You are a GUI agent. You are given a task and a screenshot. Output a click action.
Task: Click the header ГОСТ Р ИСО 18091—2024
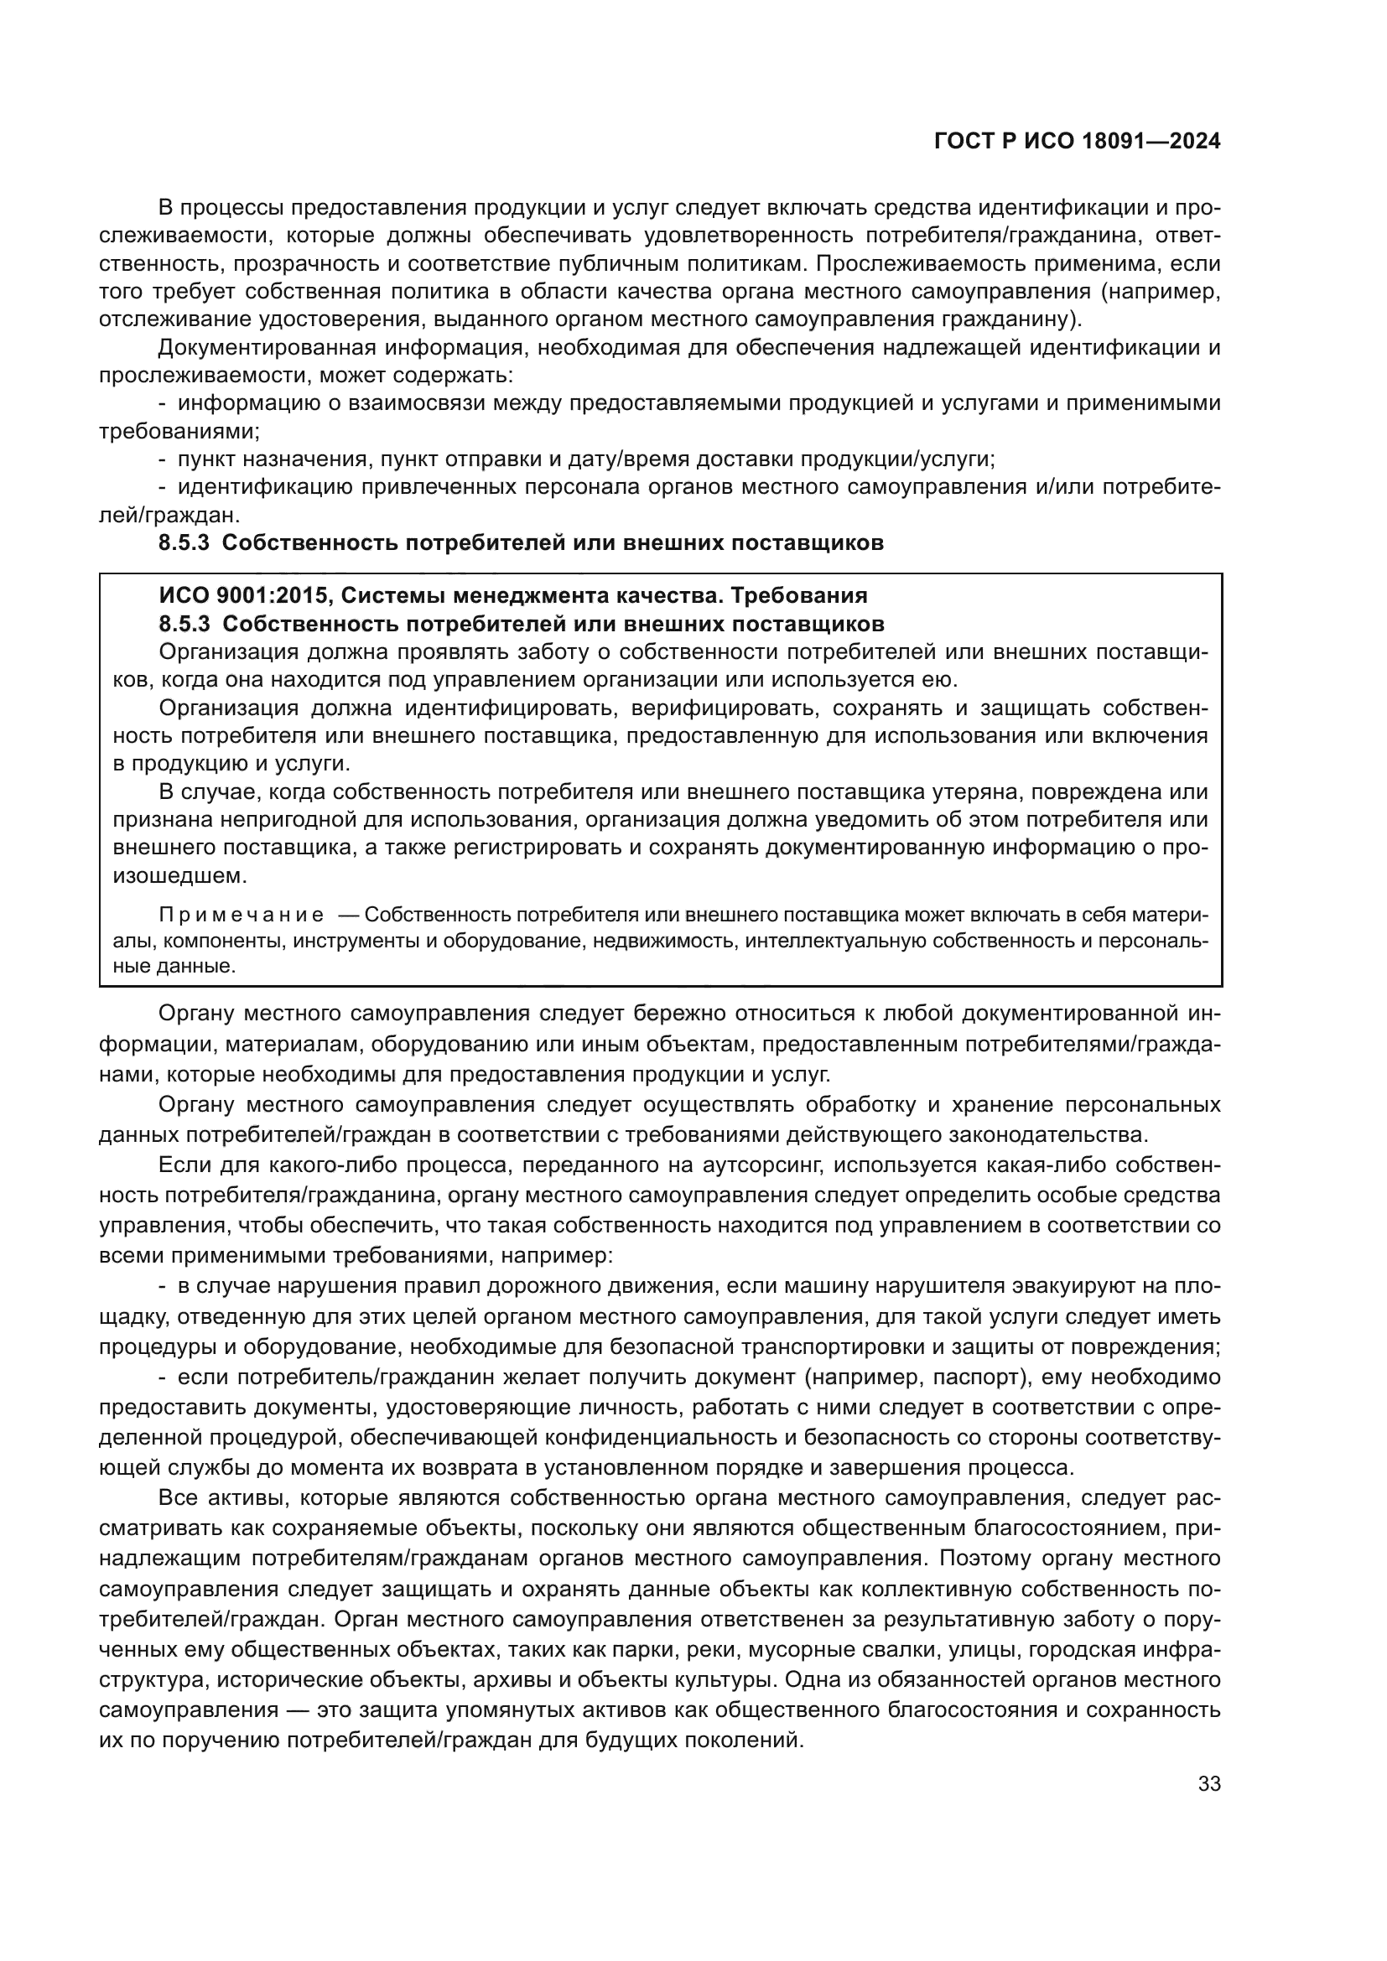click(1077, 142)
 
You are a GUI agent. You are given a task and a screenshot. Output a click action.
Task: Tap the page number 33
click(1209, 1783)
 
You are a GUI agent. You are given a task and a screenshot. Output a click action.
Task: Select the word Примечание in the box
click(242, 915)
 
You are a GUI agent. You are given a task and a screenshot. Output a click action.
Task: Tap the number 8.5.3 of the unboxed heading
click(184, 543)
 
